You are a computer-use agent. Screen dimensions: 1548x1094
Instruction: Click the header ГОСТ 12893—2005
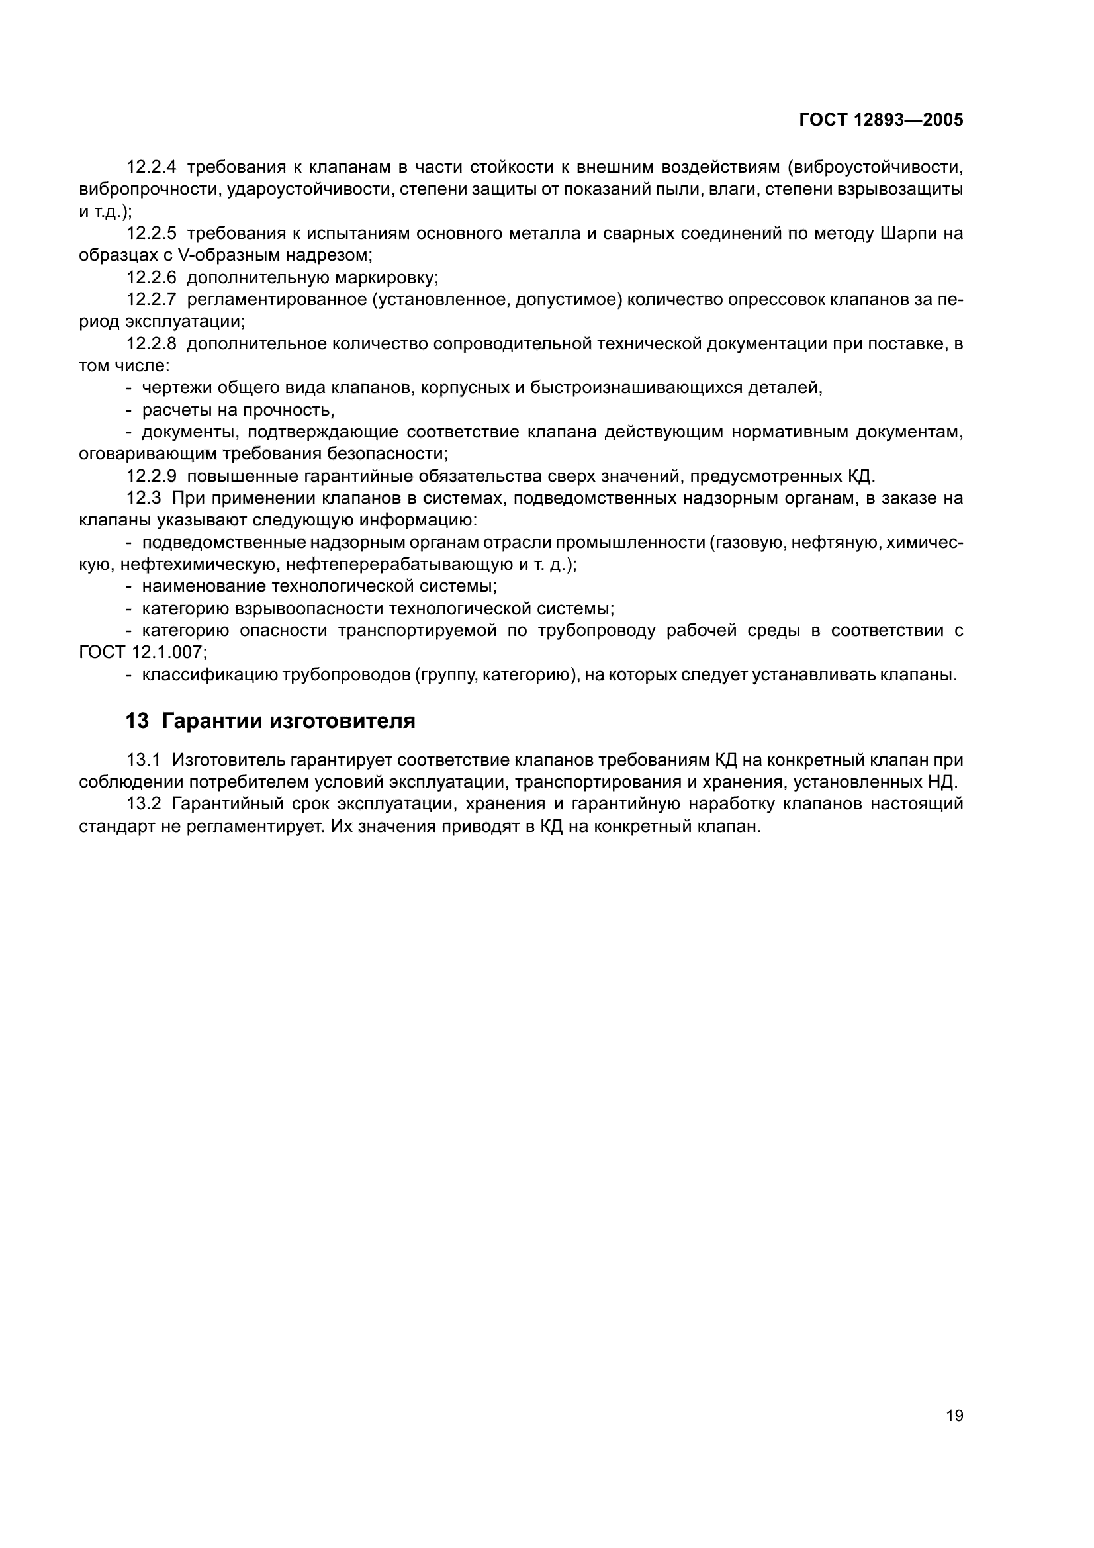(x=880, y=120)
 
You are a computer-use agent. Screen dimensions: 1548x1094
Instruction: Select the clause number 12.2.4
(x=151, y=167)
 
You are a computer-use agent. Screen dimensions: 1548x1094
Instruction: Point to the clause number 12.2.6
(x=151, y=278)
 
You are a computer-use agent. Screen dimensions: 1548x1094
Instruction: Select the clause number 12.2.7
(x=151, y=299)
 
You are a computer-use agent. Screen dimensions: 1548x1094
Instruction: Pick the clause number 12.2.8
(x=151, y=344)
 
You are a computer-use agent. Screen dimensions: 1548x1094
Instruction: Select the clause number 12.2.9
(x=151, y=477)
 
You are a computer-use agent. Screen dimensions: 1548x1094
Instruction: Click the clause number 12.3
(x=144, y=498)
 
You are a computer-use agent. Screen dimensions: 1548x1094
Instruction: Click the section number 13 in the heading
(x=137, y=721)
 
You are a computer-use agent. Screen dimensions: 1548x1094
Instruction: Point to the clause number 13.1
(x=143, y=760)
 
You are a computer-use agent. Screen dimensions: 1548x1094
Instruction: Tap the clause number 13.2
(x=143, y=804)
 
